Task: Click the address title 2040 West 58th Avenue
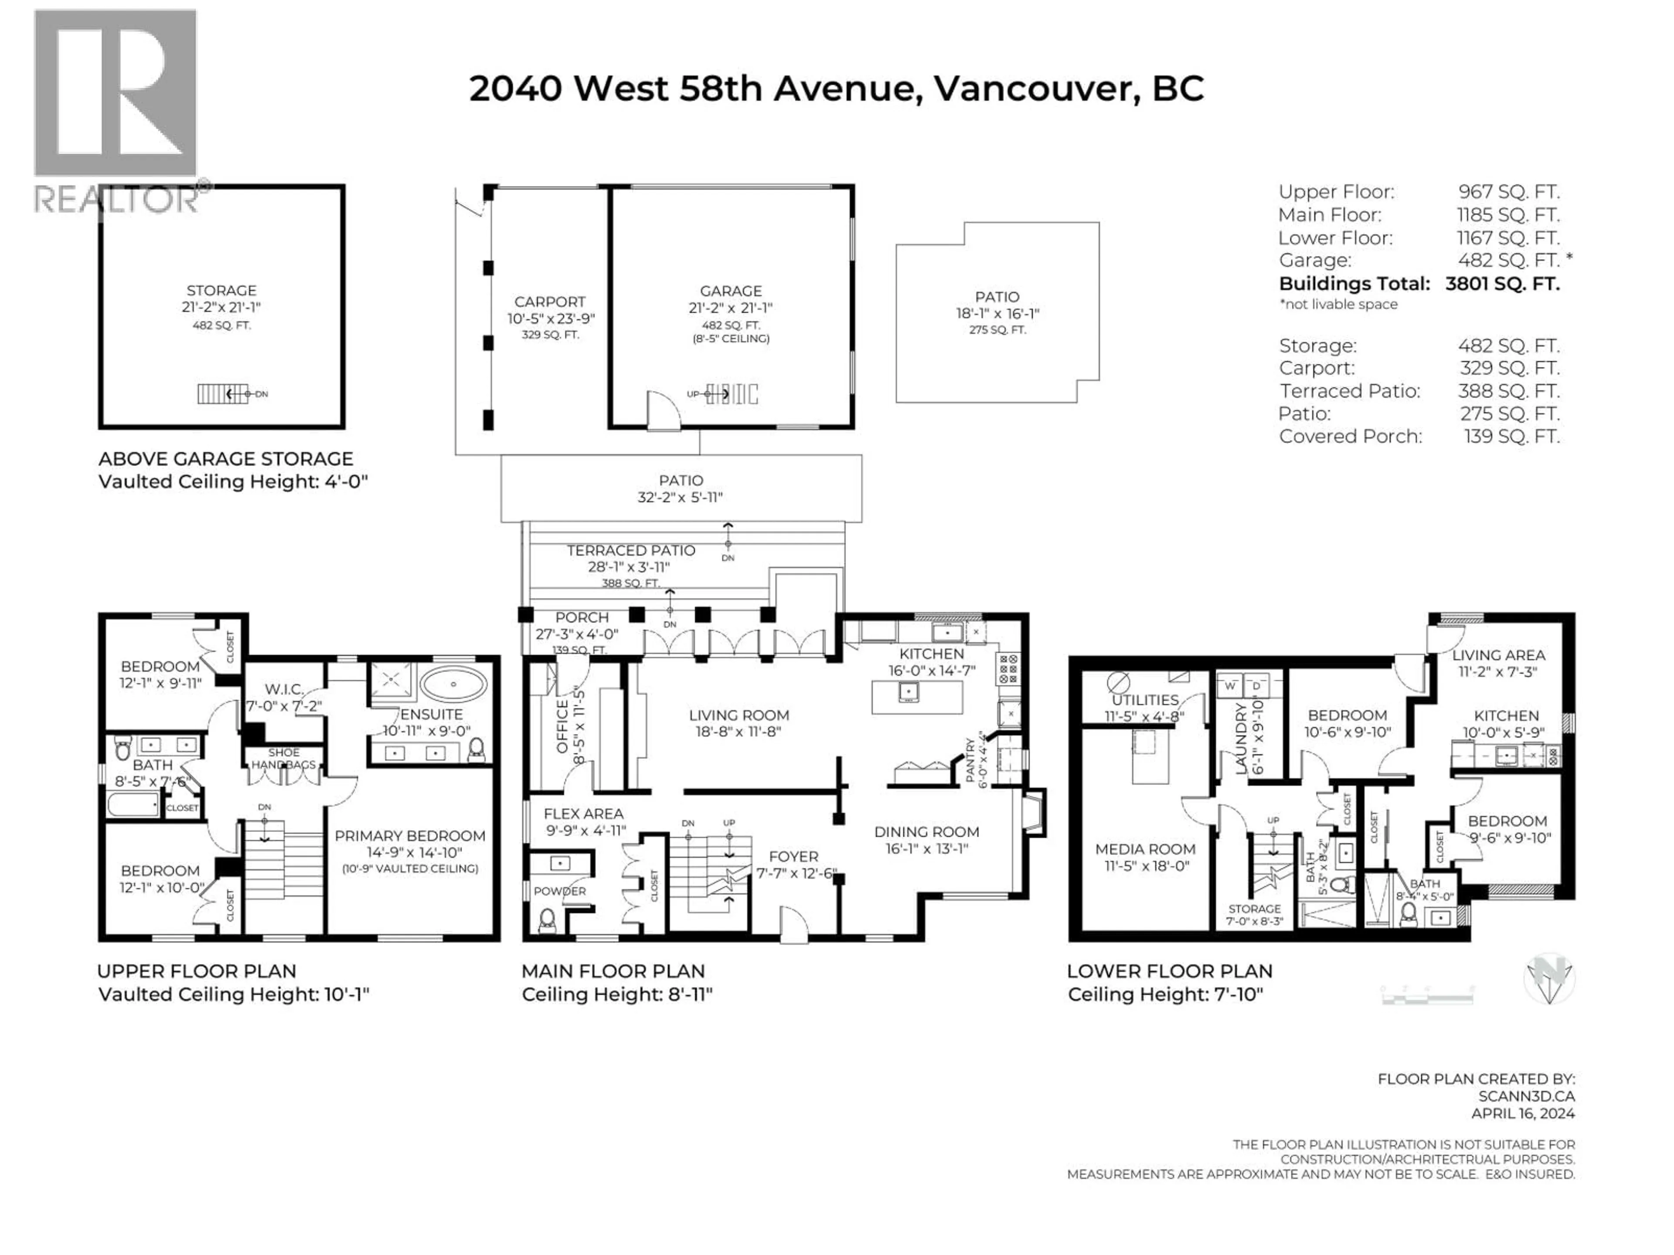(836, 88)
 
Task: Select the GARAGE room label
(730, 291)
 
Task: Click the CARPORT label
(549, 301)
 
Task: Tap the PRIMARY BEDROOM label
(409, 835)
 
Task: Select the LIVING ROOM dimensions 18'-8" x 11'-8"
(738, 732)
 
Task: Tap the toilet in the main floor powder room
(547, 921)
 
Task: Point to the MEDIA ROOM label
(1145, 849)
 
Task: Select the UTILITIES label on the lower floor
(1145, 700)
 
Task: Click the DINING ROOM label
(926, 831)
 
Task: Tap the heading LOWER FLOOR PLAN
(1169, 970)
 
